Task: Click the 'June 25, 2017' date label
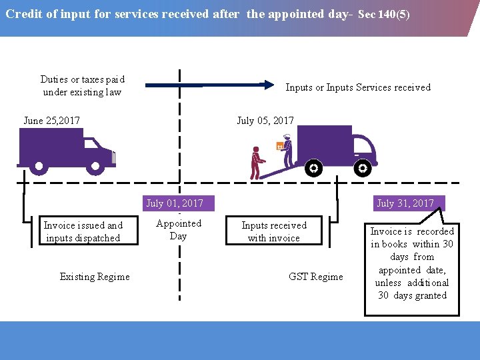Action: click(51, 121)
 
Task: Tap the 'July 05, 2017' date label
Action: click(265, 121)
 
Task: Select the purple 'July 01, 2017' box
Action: click(175, 203)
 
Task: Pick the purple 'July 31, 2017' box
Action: click(405, 203)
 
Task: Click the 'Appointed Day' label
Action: click(178, 230)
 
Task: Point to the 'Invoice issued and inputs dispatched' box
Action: click(83, 231)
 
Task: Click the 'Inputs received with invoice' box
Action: click(274, 231)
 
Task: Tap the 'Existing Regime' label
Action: click(95, 277)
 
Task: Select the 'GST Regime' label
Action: click(316, 277)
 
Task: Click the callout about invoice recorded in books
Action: click(412, 263)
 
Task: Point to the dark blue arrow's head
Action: click(268, 85)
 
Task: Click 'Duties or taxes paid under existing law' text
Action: click(82, 86)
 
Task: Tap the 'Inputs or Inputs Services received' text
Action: click(358, 87)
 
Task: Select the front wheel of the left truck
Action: click(96, 166)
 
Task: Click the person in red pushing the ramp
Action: click(256, 163)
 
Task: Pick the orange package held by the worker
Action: click(280, 145)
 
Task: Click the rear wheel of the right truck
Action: click(313, 169)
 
